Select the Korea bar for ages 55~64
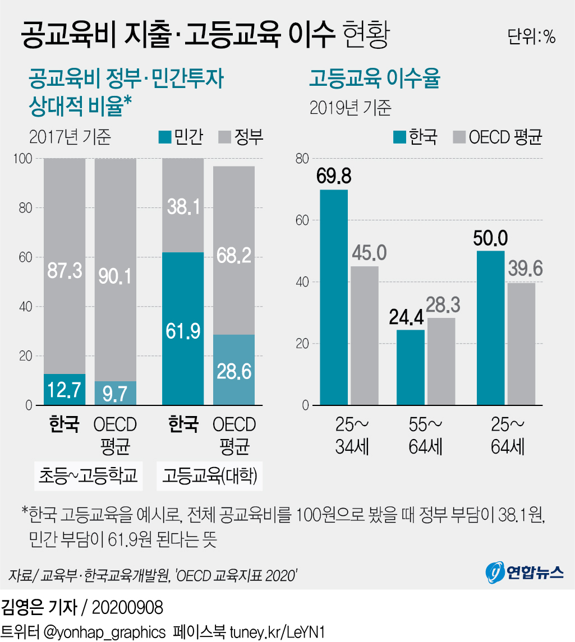410,367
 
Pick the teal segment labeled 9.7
115,394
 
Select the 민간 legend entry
181,137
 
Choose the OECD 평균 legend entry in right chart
498,137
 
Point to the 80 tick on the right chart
302,159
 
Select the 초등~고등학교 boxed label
88,476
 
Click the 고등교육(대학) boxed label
209,476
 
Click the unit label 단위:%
531,36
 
